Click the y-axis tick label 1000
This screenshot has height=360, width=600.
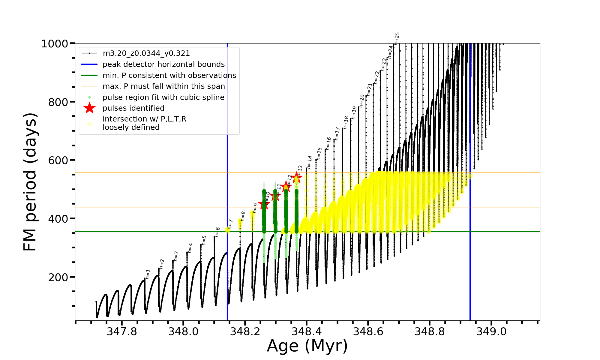pos(55,44)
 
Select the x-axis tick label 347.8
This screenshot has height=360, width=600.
pos(122,331)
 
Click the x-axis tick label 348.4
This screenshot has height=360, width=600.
pos(307,331)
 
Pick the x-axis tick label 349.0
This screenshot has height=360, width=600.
pos(491,331)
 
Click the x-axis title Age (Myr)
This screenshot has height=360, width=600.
pos(307,346)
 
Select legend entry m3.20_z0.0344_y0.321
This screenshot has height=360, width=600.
pos(146,53)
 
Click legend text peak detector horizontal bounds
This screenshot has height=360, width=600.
pos(163,64)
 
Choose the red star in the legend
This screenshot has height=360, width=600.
pos(89,108)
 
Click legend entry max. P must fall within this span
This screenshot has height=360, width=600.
pos(163,86)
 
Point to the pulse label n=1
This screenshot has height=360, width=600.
pos(148,274)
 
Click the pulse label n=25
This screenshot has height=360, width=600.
pos(397,38)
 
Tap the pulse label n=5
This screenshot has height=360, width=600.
pos(204,240)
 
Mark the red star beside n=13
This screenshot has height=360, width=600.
pos(296,177)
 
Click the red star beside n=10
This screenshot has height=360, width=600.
pos(264,205)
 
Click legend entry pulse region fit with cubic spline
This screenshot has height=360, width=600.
pos(163,97)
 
